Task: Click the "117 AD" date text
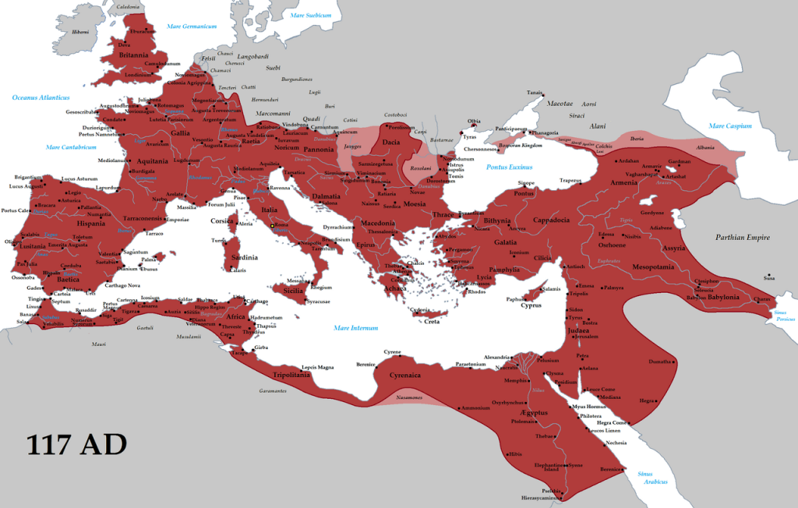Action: click(76, 444)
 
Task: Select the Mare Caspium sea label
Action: click(729, 125)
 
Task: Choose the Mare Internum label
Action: click(355, 328)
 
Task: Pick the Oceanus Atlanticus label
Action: click(41, 97)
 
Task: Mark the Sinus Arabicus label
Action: click(651, 478)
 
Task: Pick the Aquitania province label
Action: click(153, 161)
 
